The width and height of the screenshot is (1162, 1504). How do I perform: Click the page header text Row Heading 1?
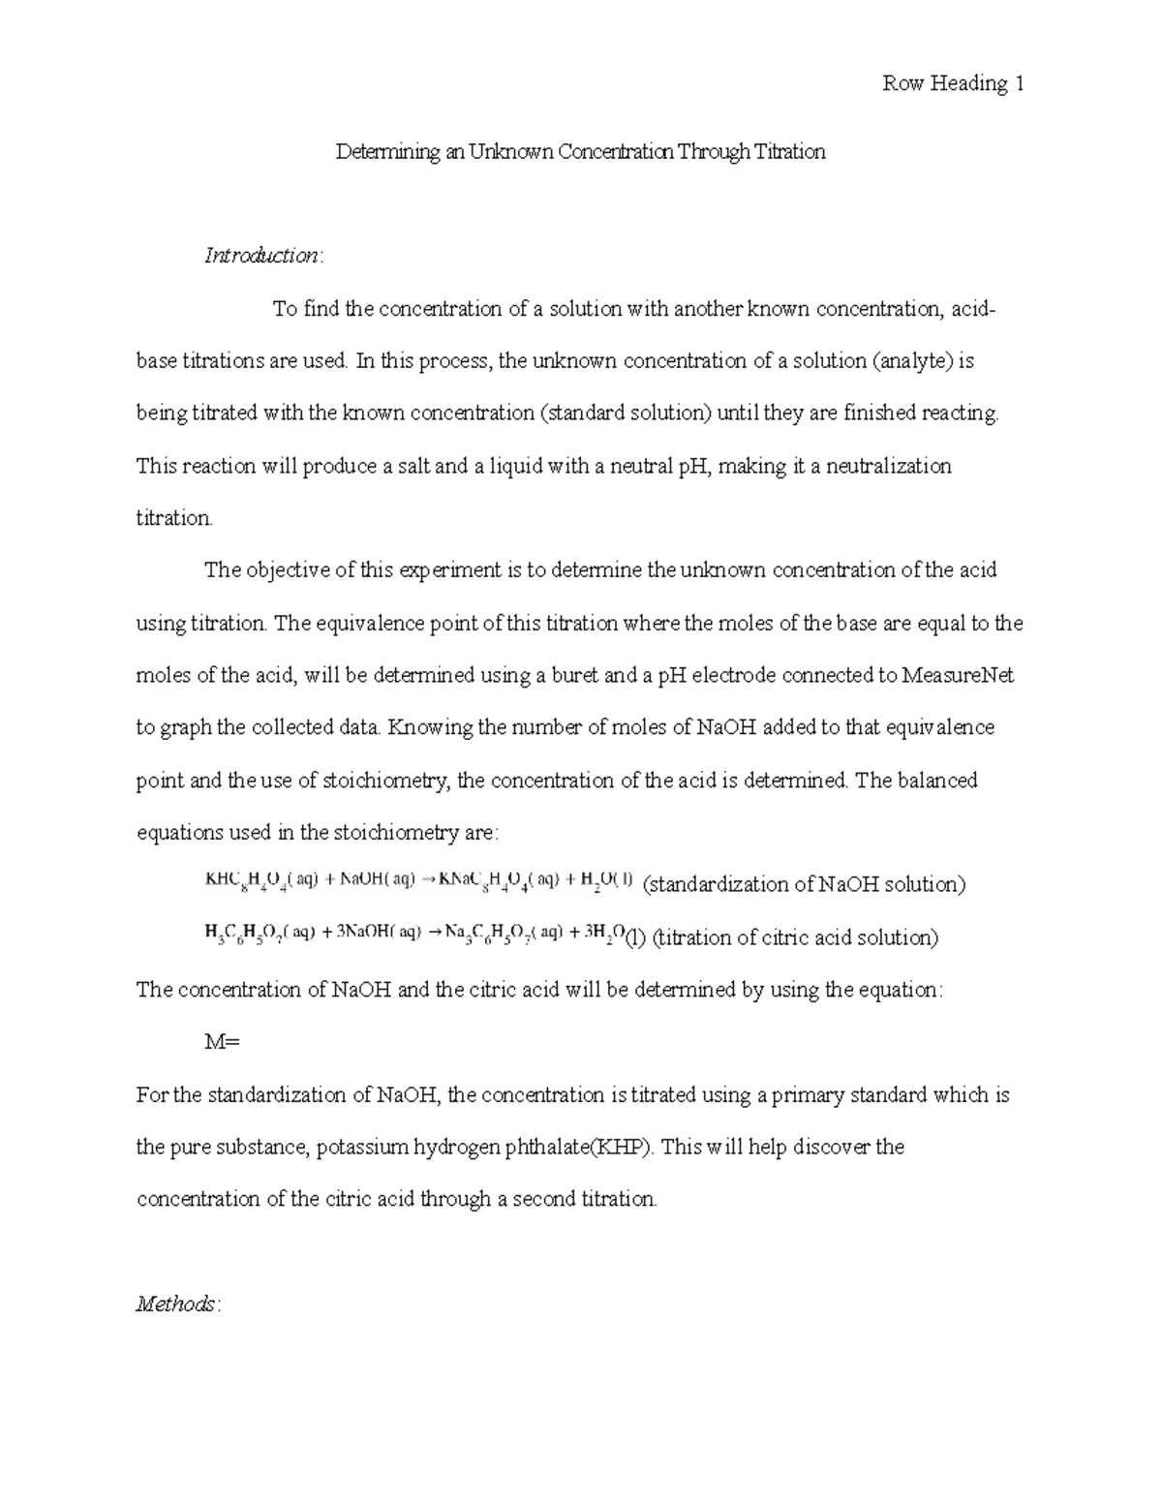point(953,84)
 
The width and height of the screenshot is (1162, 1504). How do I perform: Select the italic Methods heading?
point(177,1304)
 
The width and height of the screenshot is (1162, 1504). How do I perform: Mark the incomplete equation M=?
point(221,1043)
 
